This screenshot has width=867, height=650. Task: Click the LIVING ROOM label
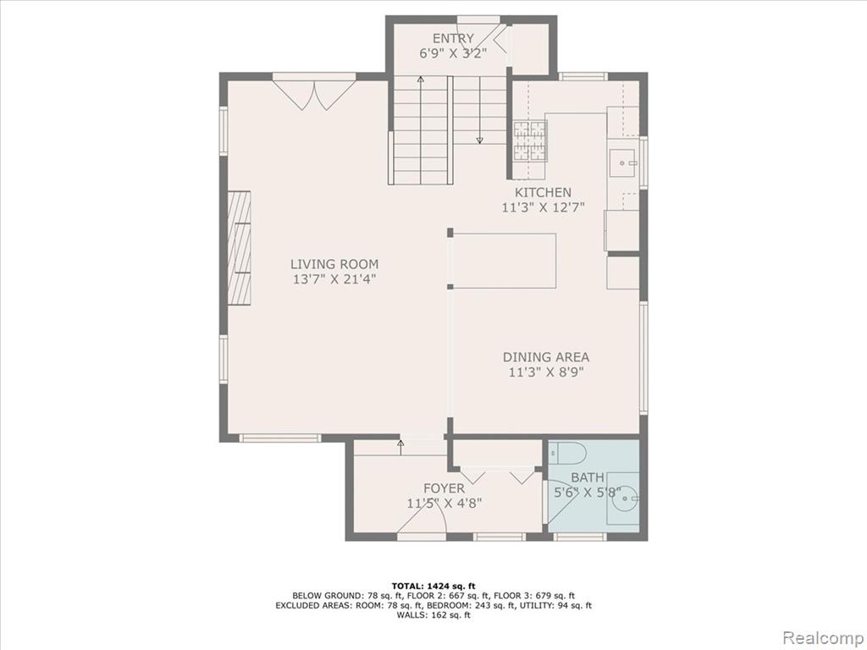click(334, 264)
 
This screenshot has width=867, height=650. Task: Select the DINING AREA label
click(546, 357)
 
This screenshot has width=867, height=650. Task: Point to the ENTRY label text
click(453, 38)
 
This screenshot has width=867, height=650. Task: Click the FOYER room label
click(444, 488)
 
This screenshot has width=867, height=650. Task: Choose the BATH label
click(588, 477)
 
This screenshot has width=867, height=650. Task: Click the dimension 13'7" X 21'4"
click(334, 278)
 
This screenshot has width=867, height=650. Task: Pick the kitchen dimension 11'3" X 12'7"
click(543, 207)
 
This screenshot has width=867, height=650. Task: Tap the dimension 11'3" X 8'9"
click(546, 372)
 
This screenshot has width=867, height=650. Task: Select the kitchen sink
click(624, 160)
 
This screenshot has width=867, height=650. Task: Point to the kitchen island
click(505, 261)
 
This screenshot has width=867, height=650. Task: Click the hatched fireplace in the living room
click(239, 247)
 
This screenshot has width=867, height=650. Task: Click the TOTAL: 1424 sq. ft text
click(433, 586)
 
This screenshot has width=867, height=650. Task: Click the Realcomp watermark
click(820, 636)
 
